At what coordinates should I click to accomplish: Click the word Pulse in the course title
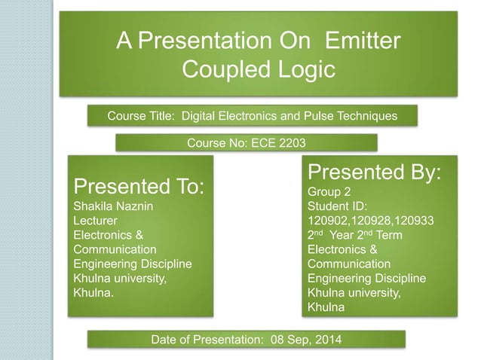click(320, 117)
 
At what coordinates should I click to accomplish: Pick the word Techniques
click(368, 117)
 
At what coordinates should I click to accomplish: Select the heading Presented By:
click(374, 172)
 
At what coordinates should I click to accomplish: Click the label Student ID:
click(337, 206)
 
